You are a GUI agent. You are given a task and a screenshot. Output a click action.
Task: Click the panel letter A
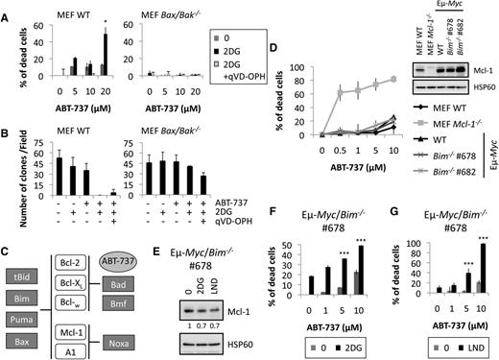[x=7, y=9]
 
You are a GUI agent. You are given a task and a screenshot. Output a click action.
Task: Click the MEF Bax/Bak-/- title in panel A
[x=176, y=9]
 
